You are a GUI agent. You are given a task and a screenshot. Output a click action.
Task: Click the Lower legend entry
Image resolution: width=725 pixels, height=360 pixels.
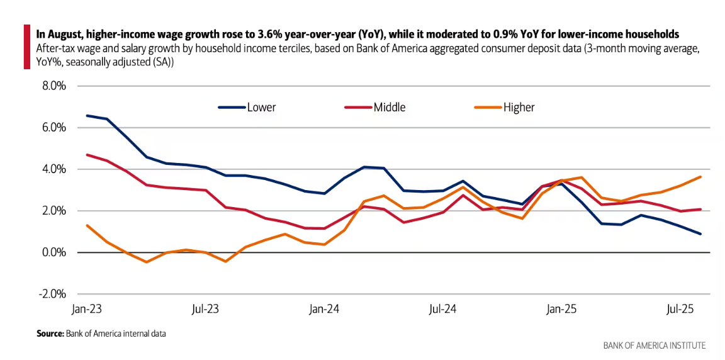[261, 107]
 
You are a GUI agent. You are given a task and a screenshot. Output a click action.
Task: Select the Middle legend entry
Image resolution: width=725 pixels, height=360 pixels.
[389, 107]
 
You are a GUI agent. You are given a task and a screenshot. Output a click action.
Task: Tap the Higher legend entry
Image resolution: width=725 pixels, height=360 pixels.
[519, 107]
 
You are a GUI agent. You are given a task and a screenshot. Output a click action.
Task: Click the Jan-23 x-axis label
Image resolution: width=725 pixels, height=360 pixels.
[87, 309]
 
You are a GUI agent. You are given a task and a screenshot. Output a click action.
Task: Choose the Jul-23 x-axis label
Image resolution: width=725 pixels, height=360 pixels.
[206, 309]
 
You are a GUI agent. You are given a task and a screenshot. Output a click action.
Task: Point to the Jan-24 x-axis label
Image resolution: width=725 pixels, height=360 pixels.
[325, 309]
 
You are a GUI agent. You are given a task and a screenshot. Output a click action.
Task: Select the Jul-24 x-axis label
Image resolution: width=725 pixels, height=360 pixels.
[443, 309]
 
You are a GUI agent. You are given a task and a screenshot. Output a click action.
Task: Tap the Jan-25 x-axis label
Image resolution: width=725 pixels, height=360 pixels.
[562, 309]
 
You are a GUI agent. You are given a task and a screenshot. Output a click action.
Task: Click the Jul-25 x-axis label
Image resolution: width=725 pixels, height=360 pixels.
[680, 309]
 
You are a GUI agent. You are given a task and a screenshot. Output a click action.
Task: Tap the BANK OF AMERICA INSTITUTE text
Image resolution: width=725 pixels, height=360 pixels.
[655, 345]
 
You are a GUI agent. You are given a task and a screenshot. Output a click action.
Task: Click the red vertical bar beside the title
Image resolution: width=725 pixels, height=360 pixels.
[27, 47]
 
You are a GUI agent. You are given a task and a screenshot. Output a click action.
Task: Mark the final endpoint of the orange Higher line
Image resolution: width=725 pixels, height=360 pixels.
[700, 177]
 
